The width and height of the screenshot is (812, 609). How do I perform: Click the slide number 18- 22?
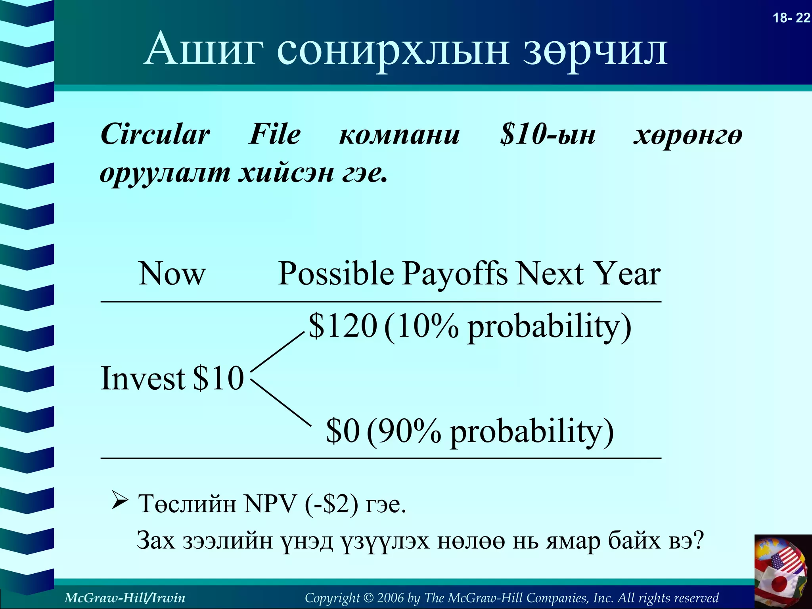(791, 18)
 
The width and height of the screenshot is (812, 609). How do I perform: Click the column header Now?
(172, 274)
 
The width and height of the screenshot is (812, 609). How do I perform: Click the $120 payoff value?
(343, 326)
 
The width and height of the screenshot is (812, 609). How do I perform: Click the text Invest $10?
(172, 378)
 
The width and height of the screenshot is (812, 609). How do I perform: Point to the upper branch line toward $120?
(278, 352)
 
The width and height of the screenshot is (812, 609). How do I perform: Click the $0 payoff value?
(343, 431)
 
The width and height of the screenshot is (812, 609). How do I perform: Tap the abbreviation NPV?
(270, 504)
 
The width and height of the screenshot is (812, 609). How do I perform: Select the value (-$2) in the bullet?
(331, 504)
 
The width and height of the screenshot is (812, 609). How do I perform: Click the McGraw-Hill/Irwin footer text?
(124, 598)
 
